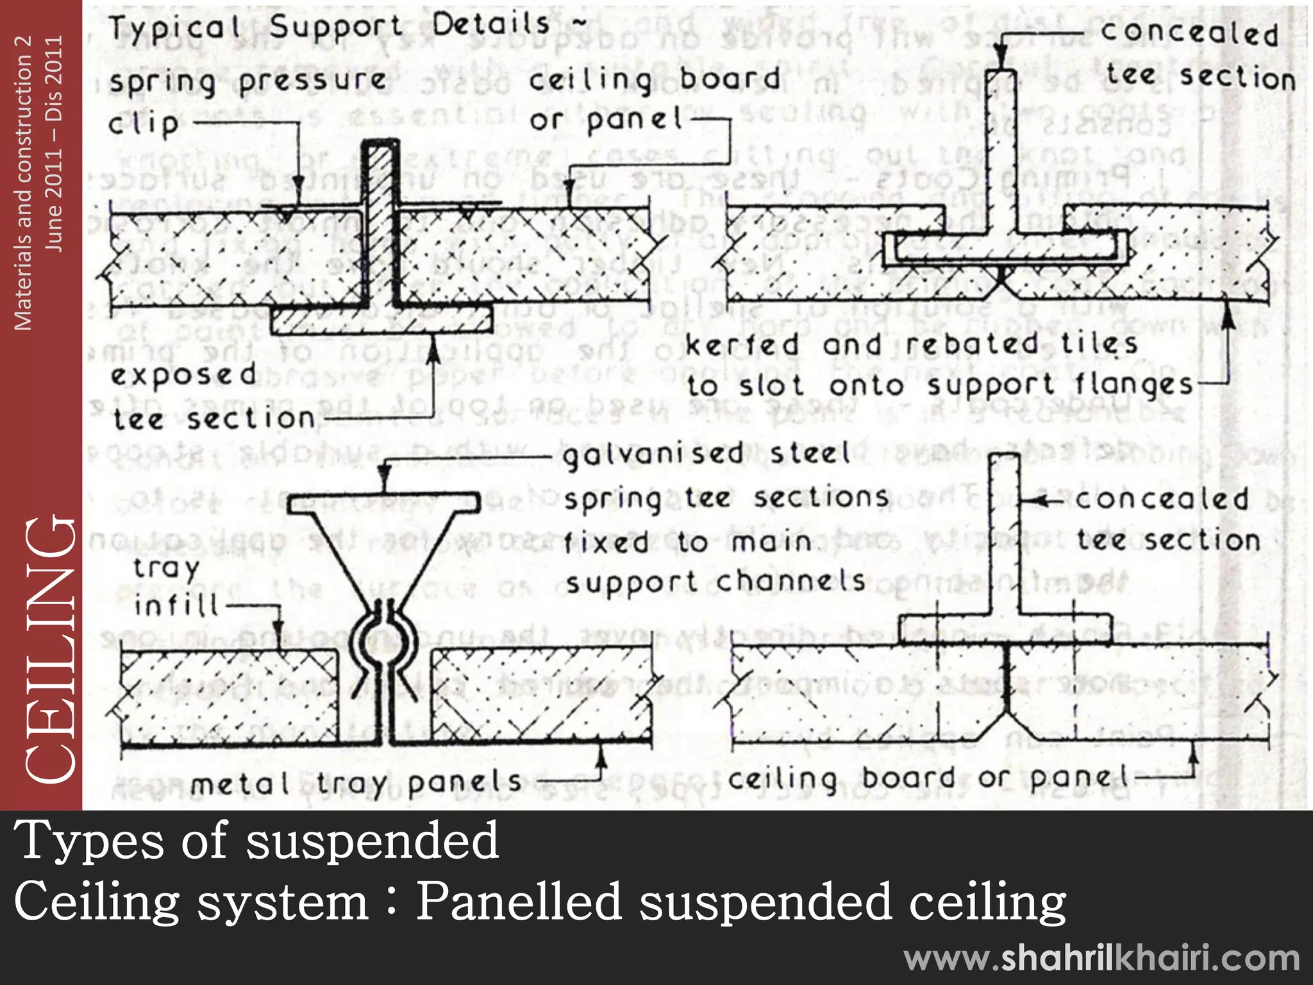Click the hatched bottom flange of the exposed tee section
381,320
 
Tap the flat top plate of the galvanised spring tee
383,503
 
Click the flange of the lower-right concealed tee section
1005,629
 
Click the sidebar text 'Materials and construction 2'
23,183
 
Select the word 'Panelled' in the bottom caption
519,901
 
